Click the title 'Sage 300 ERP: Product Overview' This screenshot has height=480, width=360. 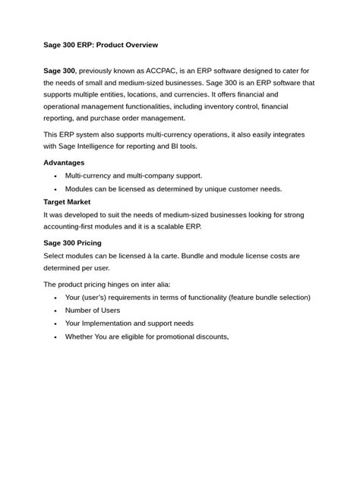[x=100, y=45]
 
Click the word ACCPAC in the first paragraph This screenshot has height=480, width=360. [x=156, y=70]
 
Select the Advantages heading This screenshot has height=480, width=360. [x=64, y=163]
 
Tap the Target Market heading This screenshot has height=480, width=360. [x=67, y=202]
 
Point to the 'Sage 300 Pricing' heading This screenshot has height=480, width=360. [x=72, y=243]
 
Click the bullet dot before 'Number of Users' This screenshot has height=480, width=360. [x=55, y=311]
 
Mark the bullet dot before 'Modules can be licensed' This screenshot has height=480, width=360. [x=55, y=189]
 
